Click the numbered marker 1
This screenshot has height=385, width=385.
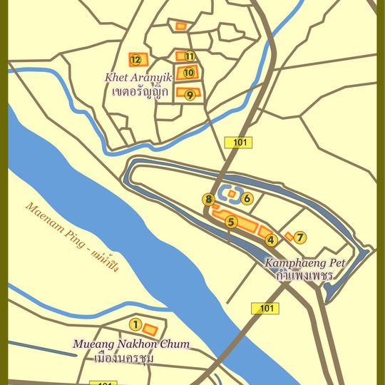135,325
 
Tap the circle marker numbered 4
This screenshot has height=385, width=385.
270,240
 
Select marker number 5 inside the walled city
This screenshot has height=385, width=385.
230,222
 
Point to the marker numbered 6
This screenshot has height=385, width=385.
247,199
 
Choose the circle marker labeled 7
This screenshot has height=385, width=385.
300,237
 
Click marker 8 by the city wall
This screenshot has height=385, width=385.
208,200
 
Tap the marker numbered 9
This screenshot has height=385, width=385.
190,94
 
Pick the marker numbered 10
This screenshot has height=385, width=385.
189,72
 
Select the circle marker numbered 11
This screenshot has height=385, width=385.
190,56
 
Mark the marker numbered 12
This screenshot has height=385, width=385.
135,59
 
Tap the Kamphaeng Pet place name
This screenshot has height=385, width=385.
305,262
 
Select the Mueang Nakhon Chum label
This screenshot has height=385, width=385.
131,344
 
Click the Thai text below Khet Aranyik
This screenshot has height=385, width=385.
140,91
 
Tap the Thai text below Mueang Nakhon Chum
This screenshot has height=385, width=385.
133,357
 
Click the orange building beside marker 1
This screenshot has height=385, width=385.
150,329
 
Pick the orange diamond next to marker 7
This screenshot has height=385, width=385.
289,237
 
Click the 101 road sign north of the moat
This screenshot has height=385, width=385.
239,143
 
